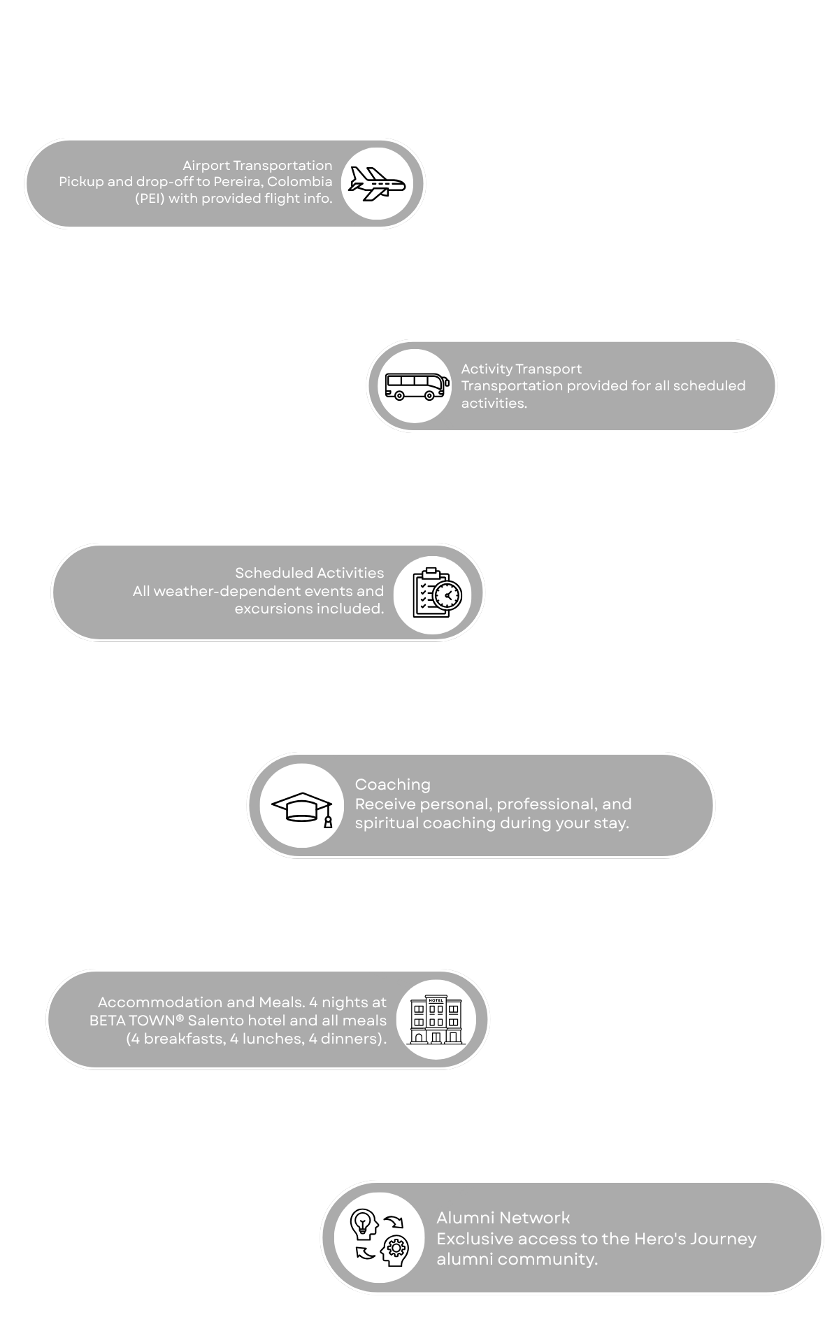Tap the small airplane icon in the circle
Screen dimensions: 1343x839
point(378,184)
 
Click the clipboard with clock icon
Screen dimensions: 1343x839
point(437,592)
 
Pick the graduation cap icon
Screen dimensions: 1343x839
point(303,806)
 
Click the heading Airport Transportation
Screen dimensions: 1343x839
point(257,165)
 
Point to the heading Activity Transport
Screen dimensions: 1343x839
point(521,369)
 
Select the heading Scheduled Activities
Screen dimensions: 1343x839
point(309,573)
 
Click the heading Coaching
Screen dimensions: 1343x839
point(392,784)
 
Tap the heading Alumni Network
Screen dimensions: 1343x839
point(503,1218)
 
